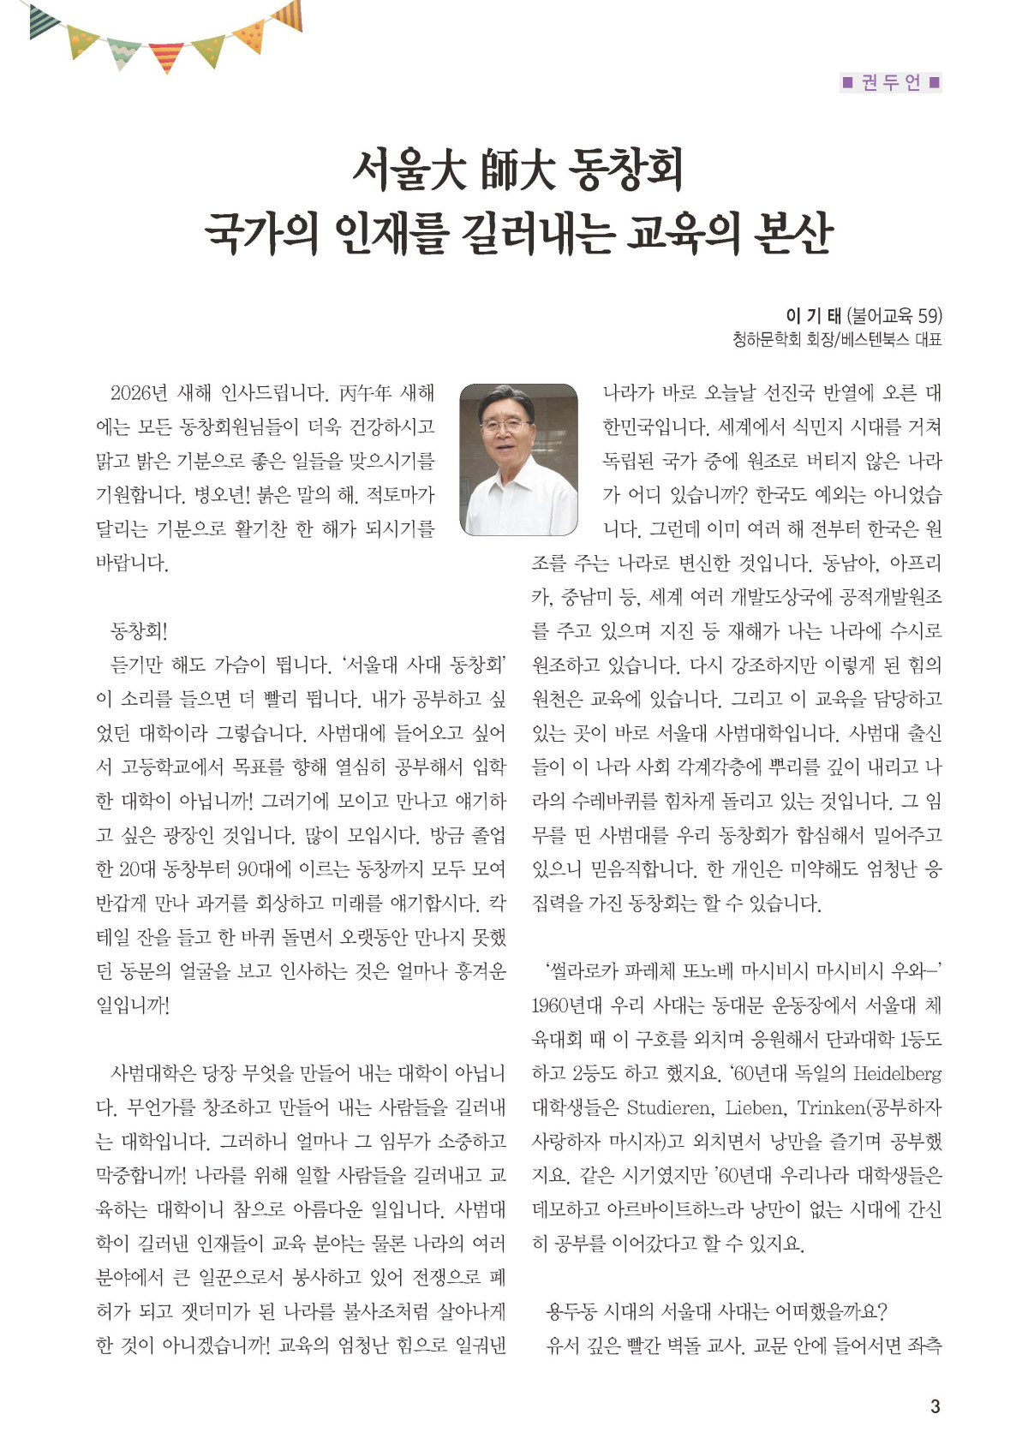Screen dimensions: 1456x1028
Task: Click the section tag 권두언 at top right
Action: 891,82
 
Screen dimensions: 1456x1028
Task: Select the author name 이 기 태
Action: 813,316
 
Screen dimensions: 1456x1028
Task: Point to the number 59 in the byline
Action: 927,316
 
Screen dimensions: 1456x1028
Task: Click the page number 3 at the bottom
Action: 935,1405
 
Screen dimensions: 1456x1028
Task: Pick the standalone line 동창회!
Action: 139,631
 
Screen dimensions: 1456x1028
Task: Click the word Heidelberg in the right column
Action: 897,1073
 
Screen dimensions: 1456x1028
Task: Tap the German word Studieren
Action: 669,1107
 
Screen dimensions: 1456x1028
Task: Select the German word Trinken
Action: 830,1107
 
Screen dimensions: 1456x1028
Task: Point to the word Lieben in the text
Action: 755,1107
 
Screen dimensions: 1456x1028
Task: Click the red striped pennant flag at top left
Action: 166,57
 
